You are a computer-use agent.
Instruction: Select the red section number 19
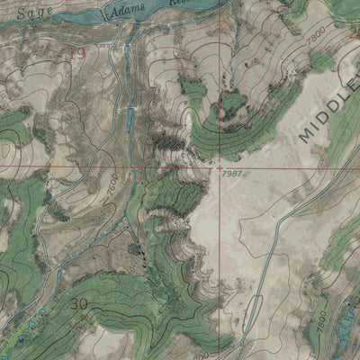[77, 55]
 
